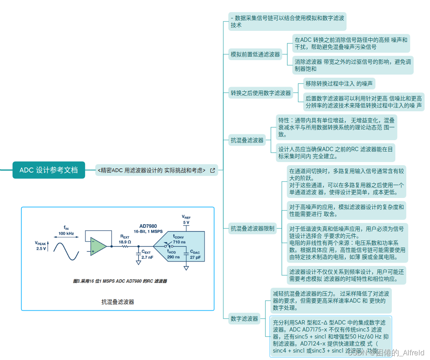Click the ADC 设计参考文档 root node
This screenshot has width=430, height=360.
pos(49,170)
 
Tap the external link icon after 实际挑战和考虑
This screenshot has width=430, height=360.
pos(213,170)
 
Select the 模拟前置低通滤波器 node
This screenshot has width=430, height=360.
pos(256,55)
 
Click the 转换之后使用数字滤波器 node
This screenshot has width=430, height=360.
pos(261,93)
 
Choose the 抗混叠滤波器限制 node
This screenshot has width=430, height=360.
pos(252,228)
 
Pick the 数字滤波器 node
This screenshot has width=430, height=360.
pos(244,319)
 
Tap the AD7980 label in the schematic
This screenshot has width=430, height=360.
pos(148,226)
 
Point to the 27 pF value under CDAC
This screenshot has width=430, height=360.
pos(195,258)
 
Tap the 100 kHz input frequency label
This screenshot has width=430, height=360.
pos(66,233)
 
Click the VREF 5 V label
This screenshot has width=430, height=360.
pos(186,219)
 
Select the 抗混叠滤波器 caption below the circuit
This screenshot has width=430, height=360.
pos(117,302)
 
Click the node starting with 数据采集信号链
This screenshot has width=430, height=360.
pos(288,21)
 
